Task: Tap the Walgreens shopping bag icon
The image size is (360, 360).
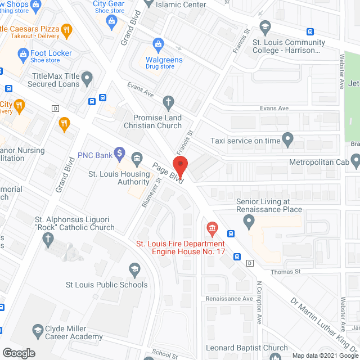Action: (159, 44)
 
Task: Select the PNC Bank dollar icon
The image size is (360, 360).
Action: (119, 152)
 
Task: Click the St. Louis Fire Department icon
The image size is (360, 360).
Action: (212, 228)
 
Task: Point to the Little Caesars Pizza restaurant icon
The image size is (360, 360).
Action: (66, 30)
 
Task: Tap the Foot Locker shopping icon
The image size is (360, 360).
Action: (23, 53)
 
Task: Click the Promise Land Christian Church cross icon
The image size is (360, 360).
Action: (167, 102)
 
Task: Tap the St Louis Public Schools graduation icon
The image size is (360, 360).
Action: (134, 270)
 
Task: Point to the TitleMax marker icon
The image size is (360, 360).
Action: (87, 77)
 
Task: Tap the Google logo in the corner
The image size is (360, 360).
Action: (19, 353)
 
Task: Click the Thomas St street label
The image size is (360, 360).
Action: (287, 271)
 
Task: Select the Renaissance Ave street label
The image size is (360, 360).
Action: (229, 299)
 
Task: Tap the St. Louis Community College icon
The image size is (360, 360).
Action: (265, 26)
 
